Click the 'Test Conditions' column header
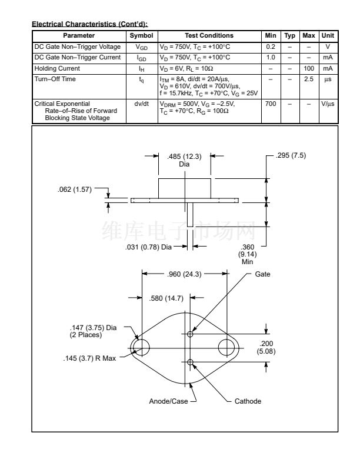tap(209, 36)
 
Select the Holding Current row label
tap(57, 69)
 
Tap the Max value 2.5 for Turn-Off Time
tap(309, 79)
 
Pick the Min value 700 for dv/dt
tap(271, 104)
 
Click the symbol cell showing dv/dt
tap(142, 104)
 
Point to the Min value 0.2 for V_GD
tap(271, 46)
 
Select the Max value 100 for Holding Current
tap(309, 68)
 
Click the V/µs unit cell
tap(328, 104)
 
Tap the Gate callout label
tap(262, 274)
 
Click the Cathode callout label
tap(248, 401)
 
